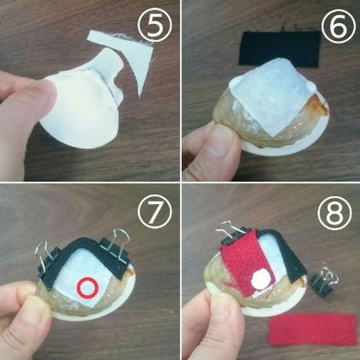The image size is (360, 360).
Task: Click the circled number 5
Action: coord(154,25)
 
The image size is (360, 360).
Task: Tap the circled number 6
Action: coord(338,26)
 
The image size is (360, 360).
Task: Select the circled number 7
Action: coord(154,212)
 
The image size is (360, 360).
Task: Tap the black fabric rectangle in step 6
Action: coord(280,48)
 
